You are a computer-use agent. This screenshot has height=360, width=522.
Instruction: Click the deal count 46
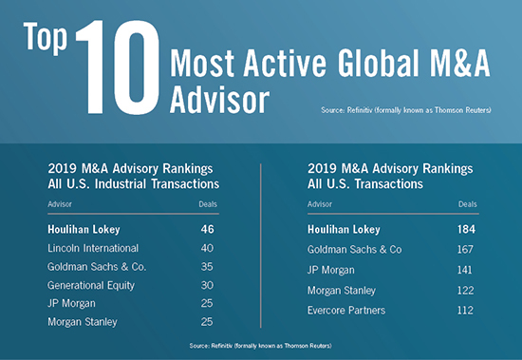[209, 229]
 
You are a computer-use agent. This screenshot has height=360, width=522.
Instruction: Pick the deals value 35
[209, 267]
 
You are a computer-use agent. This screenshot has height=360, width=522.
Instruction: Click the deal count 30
[209, 285]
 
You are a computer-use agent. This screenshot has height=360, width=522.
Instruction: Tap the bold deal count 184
[464, 229]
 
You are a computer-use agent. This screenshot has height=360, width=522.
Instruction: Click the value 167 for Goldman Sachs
[464, 250]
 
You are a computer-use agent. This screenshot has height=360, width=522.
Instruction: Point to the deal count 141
[464, 271]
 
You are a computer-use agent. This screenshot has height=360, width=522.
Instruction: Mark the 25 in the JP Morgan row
[209, 304]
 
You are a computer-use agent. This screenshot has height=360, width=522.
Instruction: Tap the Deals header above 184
[467, 203]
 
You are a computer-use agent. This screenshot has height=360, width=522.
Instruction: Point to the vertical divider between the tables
[260, 246]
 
